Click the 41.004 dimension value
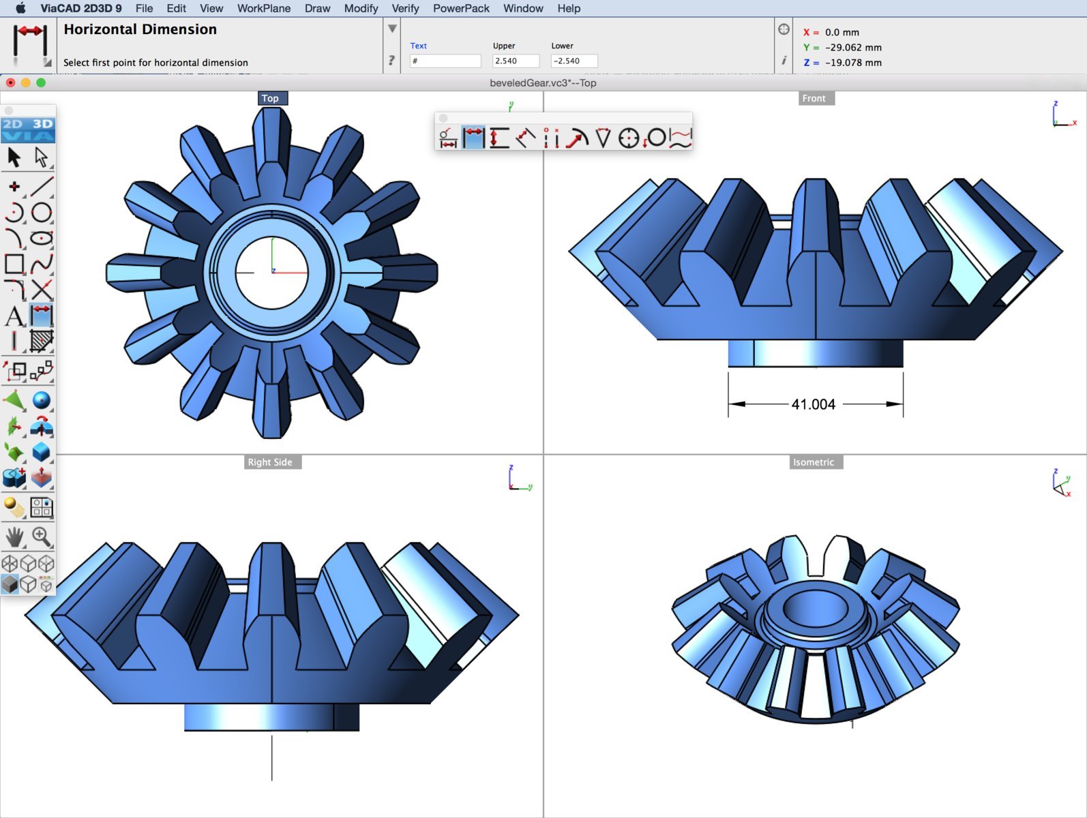[x=813, y=404]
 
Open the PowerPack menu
[x=461, y=8]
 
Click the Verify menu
[x=405, y=8]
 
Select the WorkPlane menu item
[x=263, y=8]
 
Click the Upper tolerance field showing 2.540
[x=516, y=61]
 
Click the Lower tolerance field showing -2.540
[x=574, y=61]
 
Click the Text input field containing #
[x=445, y=61]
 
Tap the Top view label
[x=271, y=98]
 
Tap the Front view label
[x=814, y=98]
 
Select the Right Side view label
[x=270, y=462]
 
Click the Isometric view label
[x=814, y=462]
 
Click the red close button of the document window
[x=10, y=82]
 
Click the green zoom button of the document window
[x=41, y=82]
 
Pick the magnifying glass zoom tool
[x=42, y=537]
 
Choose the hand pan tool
[x=14, y=537]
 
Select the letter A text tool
[x=14, y=316]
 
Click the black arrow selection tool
[x=14, y=157]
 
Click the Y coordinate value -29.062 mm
[x=852, y=47]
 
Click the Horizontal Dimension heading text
[x=140, y=29]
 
